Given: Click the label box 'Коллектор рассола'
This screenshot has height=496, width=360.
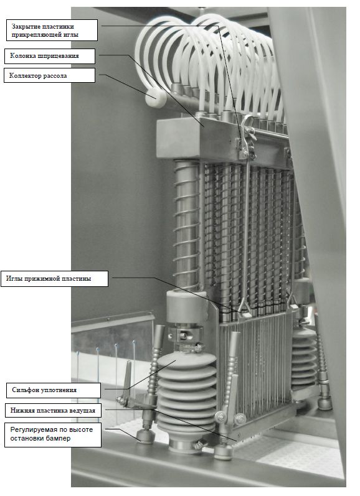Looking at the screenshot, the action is click(49, 75).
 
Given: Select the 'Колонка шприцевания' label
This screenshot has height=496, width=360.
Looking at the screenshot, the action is click(50, 56).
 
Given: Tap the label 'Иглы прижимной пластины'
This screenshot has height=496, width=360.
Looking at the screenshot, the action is click(54, 279).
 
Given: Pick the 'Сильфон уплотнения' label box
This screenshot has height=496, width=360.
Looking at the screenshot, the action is click(54, 390).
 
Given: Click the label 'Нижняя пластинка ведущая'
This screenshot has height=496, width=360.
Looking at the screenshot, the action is click(53, 411).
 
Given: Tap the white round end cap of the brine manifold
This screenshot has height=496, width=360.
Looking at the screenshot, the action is click(156, 98).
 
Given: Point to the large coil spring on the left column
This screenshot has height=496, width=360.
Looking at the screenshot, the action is click(187, 225).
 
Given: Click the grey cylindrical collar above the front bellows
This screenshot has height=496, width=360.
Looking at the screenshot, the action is click(187, 306).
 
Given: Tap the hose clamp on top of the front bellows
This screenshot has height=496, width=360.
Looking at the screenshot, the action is click(189, 347).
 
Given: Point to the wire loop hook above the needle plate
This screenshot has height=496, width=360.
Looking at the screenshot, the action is click(245, 306).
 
